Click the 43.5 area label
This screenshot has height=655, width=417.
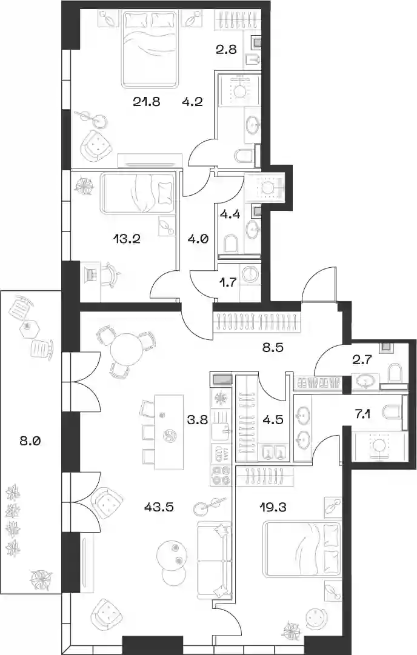(x=158, y=507)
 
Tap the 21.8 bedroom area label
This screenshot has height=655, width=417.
(x=147, y=101)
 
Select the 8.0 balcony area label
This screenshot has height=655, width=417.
(x=30, y=441)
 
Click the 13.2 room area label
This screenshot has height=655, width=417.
(x=126, y=239)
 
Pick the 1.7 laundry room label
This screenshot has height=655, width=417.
(x=228, y=282)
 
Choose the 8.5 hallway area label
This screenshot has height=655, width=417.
(x=273, y=347)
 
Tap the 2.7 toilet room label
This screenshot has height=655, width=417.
(x=362, y=359)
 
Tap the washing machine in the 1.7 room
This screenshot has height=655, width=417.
(x=250, y=274)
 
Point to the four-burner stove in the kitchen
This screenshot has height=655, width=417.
(x=221, y=476)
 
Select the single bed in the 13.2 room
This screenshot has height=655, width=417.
(x=137, y=194)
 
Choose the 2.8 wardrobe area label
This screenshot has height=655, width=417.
(x=227, y=49)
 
